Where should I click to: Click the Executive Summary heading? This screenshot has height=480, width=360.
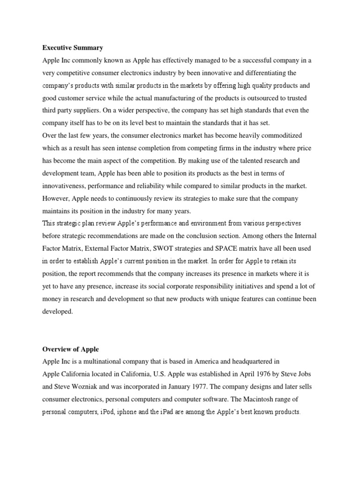click(73, 48)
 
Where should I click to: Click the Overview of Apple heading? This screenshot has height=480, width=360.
click(70, 349)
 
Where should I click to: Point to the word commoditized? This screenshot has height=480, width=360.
click(278, 136)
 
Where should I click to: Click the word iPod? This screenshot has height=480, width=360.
click(104, 412)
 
